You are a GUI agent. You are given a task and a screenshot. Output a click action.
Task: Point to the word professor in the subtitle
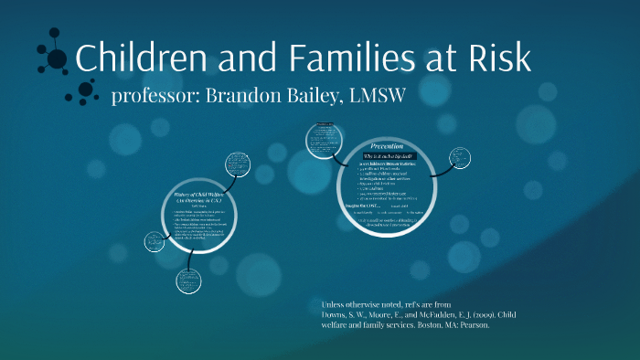pos(150,97)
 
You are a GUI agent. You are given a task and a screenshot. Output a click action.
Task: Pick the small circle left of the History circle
pos(154,242)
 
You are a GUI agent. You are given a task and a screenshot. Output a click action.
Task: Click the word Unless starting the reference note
pos(336,303)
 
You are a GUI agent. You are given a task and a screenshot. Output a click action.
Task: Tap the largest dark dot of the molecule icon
pos(58,59)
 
